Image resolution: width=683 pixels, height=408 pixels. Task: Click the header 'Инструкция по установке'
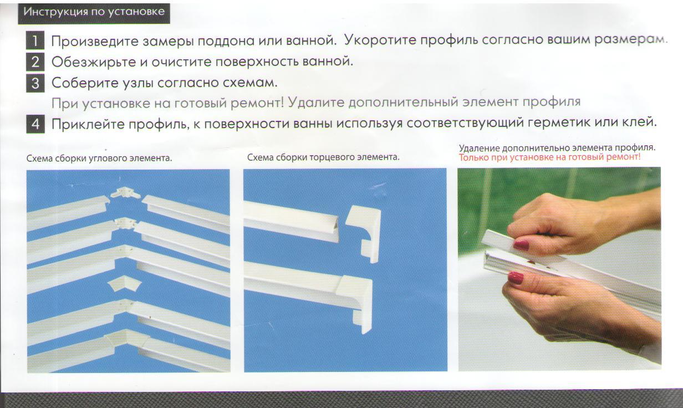(x=94, y=12)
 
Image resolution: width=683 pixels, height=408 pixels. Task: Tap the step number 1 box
(x=35, y=40)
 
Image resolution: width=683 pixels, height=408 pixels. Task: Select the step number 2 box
(x=35, y=62)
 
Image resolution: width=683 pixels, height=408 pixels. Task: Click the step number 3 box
(x=35, y=83)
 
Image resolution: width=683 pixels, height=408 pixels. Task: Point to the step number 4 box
(x=35, y=124)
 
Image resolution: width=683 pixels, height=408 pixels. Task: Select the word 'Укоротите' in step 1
(x=380, y=40)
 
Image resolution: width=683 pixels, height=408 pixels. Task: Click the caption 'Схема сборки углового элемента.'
(x=99, y=159)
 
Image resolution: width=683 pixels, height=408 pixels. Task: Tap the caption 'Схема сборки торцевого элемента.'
(x=323, y=157)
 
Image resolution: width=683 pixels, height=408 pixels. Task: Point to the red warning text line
(x=550, y=157)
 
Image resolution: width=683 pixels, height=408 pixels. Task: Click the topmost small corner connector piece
(x=125, y=193)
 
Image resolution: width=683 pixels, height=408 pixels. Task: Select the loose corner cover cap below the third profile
(x=125, y=284)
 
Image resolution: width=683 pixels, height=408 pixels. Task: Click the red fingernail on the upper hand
(x=521, y=245)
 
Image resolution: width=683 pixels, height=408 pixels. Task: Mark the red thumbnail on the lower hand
(x=516, y=278)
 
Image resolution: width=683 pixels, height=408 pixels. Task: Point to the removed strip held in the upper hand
(x=500, y=239)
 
